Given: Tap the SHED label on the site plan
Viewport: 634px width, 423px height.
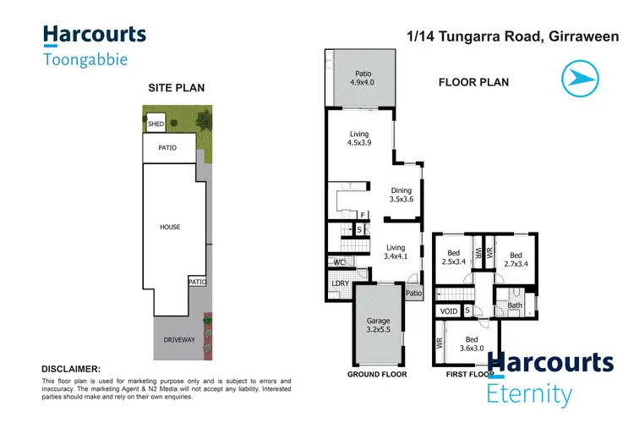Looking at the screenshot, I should coord(156,124).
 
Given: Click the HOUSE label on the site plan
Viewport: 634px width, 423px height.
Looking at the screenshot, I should coord(170,227).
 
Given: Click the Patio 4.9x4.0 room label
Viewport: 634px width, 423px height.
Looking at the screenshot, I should coord(363,78).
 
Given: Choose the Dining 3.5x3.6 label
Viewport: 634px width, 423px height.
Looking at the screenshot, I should coord(402,195).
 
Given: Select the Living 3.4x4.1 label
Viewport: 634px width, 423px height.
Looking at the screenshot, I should coord(396,251).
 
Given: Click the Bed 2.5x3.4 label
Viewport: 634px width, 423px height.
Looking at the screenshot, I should coord(454,256).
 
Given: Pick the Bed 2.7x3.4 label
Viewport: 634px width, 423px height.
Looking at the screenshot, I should coord(511,260).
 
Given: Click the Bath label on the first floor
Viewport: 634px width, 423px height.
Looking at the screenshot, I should coord(514,305).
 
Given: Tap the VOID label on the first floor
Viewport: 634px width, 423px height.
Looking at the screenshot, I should coord(449,311).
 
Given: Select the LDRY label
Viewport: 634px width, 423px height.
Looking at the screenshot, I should coord(340,283).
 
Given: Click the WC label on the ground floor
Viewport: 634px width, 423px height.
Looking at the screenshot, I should coord(336,262).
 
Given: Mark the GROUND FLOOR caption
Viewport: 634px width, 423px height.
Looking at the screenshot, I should coord(377,374).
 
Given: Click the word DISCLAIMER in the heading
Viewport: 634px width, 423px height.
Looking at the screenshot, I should coord(71,369).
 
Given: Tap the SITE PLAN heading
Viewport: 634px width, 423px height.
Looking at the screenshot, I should coord(177,87).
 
